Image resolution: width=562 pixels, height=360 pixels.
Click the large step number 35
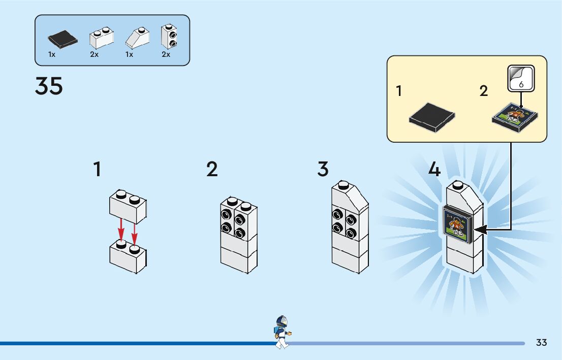tap(49, 86)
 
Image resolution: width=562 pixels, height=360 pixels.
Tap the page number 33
tap(541, 342)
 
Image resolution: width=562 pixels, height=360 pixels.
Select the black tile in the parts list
tap(63, 39)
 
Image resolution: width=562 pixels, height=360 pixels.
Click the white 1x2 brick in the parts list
tap(102, 38)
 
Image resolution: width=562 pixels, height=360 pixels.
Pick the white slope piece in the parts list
tap(137, 38)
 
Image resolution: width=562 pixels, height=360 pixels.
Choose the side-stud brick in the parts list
tap(169, 37)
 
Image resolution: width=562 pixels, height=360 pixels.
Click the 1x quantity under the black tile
tap(52, 54)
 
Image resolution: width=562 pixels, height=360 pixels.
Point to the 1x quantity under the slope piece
tap(129, 54)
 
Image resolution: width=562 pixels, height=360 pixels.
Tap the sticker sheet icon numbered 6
tap(521, 78)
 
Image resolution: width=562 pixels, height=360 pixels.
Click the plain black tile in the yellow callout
tap(432, 117)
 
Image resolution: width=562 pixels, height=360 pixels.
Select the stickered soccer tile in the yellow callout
tap(515, 117)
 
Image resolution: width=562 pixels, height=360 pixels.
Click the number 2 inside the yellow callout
tap(484, 91)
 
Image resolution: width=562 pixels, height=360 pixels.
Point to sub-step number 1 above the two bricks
tap(97, 169)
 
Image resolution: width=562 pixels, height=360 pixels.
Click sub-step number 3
tap(323, 169)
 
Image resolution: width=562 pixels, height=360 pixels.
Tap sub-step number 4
tap(434, 169)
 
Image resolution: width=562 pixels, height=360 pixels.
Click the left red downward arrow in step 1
tap(121, 230)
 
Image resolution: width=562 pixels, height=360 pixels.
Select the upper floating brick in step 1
tap(128, 207)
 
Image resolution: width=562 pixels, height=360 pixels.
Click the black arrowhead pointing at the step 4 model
tap(481, 230)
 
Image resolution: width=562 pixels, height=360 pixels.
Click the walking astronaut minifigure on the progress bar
tap(283, 332)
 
